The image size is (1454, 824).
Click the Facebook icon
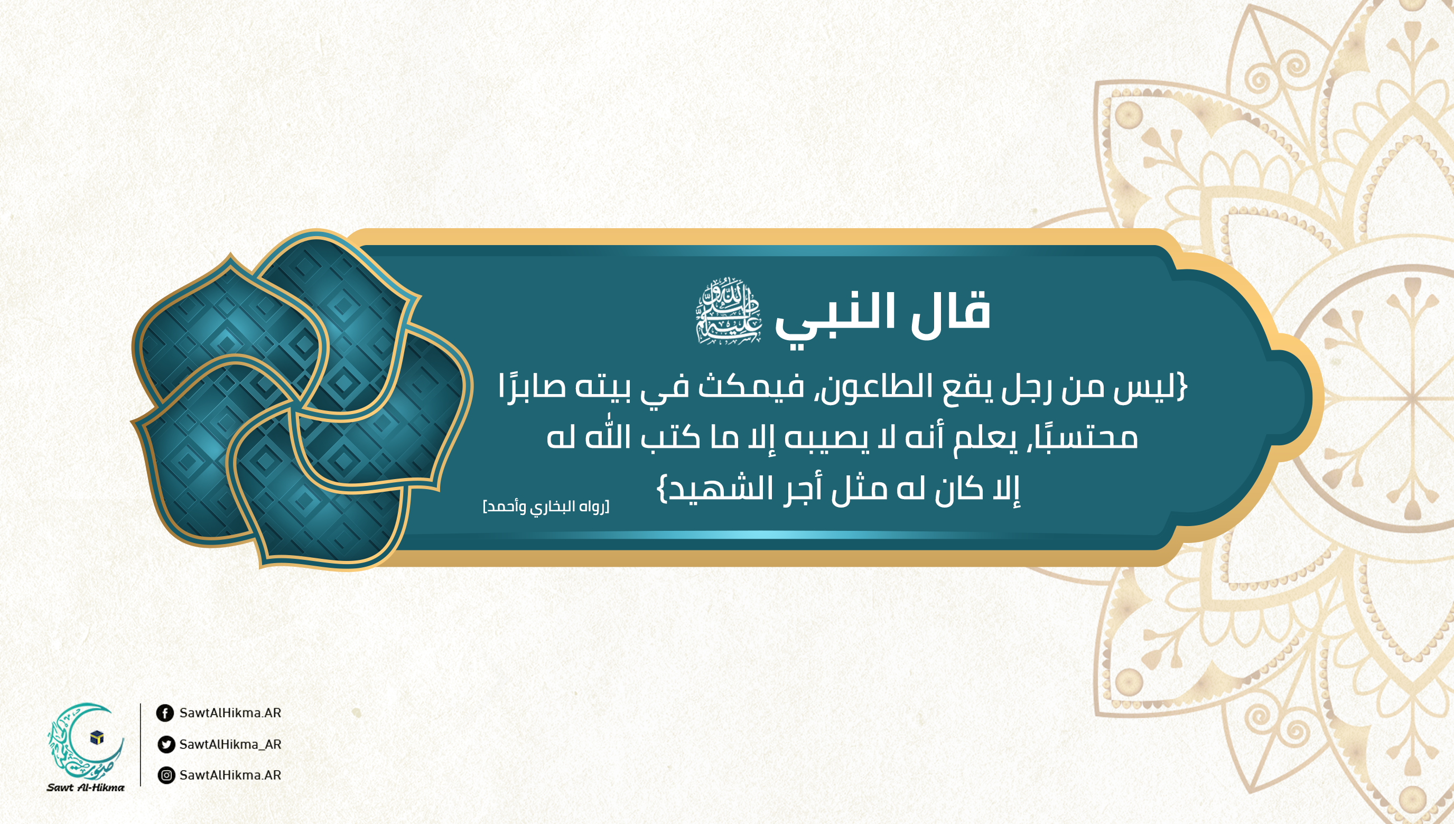(x=165, y=713)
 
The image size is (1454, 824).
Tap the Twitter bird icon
(x=166, y=744)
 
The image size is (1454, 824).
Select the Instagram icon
(x=166, y=775)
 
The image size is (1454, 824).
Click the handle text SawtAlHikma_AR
(x=230, y=744)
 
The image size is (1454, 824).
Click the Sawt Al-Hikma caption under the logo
(x=86, y=787)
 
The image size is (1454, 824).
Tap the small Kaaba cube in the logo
(x=97, y=737)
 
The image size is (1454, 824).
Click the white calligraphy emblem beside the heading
(x=729, y=311)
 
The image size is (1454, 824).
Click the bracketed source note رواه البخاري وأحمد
(x=546, y=507)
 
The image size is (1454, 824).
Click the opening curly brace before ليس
(x=1181, y=387)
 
